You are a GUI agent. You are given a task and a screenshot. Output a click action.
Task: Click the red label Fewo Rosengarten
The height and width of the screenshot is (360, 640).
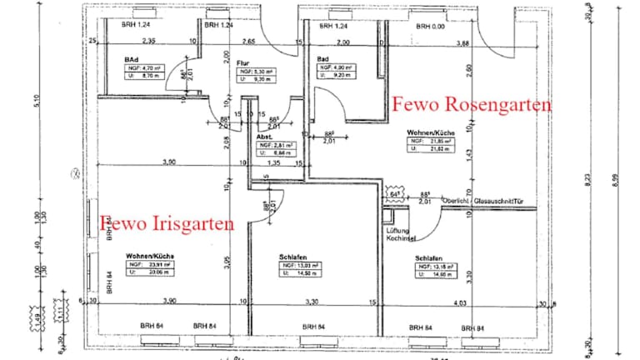[471, 106]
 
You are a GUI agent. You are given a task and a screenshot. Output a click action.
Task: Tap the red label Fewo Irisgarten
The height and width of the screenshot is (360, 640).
[167, 222]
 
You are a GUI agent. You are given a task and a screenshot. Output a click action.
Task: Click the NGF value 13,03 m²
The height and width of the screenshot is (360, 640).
[301, 266]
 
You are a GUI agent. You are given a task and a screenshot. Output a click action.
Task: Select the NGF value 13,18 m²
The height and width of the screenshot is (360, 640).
[435, 266]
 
